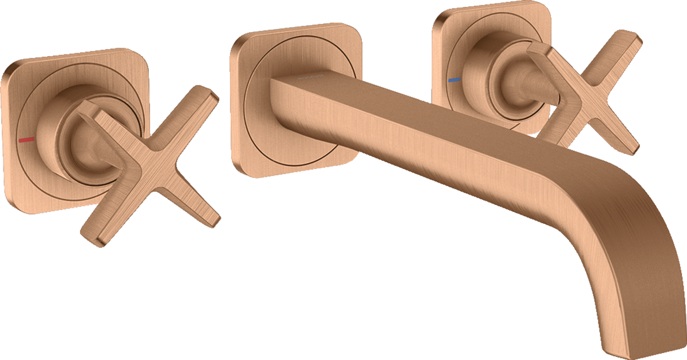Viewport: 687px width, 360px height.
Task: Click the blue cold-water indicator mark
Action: (x=453, y=81)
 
